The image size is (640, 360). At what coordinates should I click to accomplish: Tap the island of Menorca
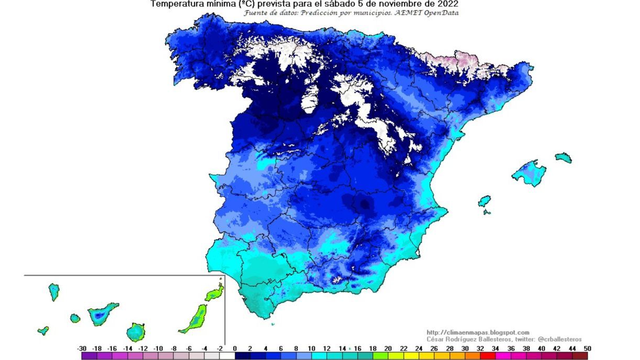click(564, 158)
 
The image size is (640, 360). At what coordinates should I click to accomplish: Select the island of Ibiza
click(484, 201)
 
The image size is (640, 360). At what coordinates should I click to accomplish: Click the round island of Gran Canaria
click(136, 332)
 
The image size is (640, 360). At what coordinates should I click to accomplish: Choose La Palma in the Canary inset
click(53, 291)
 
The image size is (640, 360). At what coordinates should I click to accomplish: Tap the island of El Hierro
click(43, 331)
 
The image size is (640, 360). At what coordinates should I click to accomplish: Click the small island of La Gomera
click(75, 318)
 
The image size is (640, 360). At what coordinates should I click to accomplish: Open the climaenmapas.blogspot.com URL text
click(478, 332)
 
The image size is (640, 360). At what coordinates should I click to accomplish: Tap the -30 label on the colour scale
click(82, 348)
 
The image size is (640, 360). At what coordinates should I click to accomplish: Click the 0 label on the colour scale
click(235, 348)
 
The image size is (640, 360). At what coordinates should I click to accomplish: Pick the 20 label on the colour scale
click(388, 348)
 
